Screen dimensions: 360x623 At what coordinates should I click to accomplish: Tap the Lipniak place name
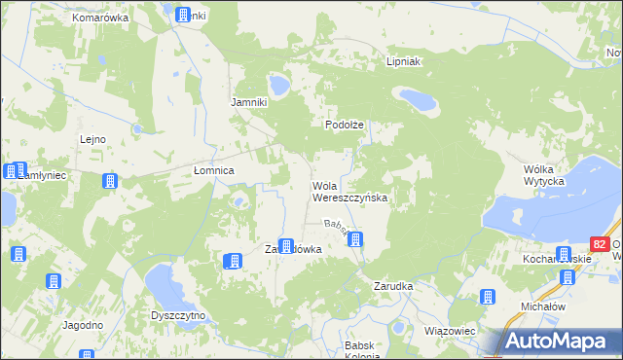point(402,60)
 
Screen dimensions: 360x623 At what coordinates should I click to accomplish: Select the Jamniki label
point(247,101)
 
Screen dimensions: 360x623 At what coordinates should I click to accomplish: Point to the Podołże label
point(344,125)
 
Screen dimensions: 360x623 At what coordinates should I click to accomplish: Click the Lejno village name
point(92,139)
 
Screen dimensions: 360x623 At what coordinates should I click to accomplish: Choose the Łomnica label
point(213,170)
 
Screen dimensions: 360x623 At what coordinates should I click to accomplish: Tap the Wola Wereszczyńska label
point(349,191)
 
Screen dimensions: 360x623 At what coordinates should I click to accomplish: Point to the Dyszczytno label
point(177,316)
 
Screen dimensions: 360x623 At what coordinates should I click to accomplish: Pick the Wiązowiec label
point(450,331)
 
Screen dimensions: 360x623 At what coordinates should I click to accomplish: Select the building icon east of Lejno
point(110,181)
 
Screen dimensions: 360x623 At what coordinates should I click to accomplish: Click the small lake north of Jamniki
point(279,86)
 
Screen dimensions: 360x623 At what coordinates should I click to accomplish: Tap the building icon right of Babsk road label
point(355,239)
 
